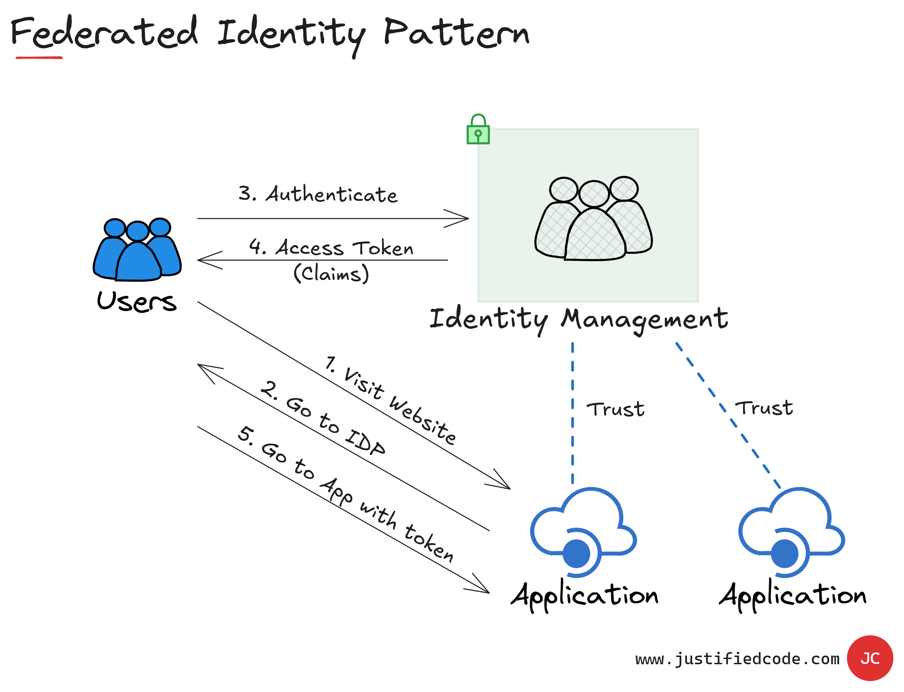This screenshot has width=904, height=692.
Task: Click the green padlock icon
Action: pos(478,130)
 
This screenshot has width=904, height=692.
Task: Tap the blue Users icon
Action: pos(137,250)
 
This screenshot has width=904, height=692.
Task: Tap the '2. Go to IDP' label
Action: pos(323,418)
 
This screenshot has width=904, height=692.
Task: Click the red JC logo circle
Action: pos(870,658)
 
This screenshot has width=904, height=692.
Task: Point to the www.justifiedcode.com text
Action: pos(737,659)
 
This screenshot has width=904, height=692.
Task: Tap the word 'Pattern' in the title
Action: pos(456,33)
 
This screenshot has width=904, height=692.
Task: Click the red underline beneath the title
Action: pos(39,58)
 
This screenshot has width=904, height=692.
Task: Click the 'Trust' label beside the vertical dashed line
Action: pos(616,409)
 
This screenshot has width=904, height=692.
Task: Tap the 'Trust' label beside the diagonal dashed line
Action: pos(764,408)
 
